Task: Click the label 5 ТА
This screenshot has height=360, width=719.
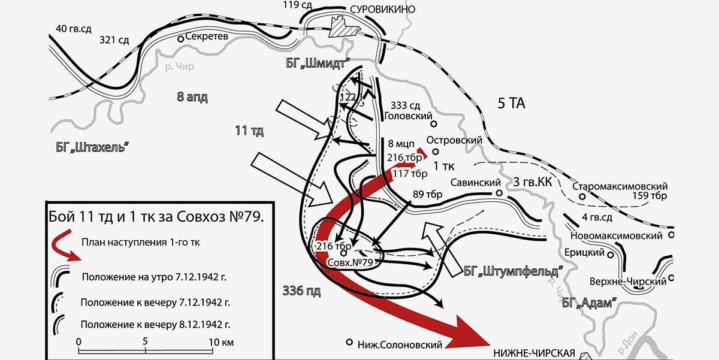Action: coord(511,104)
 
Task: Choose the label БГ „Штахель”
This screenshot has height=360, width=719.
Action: coord(90,147)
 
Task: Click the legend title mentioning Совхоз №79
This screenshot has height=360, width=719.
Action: coord(155,216)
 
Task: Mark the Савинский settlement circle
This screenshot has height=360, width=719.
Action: coord(498,193)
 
